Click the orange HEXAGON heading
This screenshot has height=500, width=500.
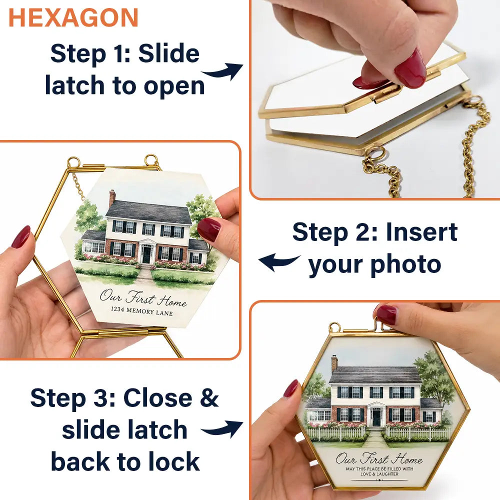click(73, 18)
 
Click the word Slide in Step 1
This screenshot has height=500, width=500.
click(169, 53)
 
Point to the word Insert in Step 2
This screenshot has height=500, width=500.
click(422, 232)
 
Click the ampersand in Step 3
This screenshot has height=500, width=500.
click(208, 397)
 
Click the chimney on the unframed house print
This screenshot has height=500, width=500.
click(112, 198)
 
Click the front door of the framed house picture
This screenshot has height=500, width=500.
click(377, 417)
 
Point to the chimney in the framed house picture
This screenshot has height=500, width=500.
click(334, 364)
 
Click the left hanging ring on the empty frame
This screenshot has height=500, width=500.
click(73, 161)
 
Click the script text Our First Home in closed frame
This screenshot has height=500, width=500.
click(379, 459)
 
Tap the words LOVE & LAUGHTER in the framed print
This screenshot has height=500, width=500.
click(379, 474)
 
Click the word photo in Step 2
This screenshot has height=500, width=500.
click(406, 264)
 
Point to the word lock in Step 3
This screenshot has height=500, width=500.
click(174, 461)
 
